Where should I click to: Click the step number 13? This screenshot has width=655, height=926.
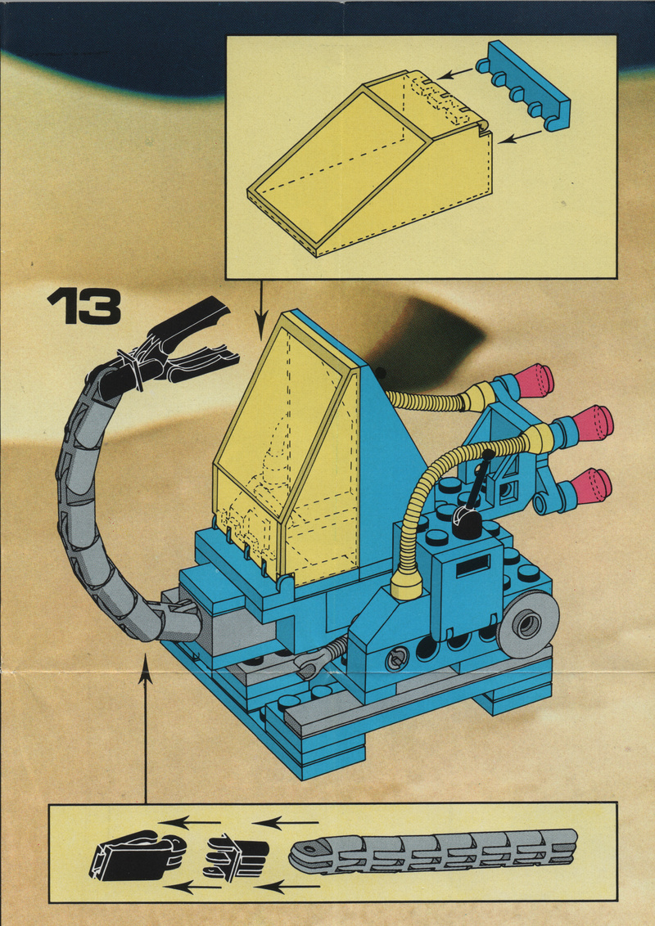click(84, 307)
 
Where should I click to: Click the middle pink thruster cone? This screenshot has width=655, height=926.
click(593, 423)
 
